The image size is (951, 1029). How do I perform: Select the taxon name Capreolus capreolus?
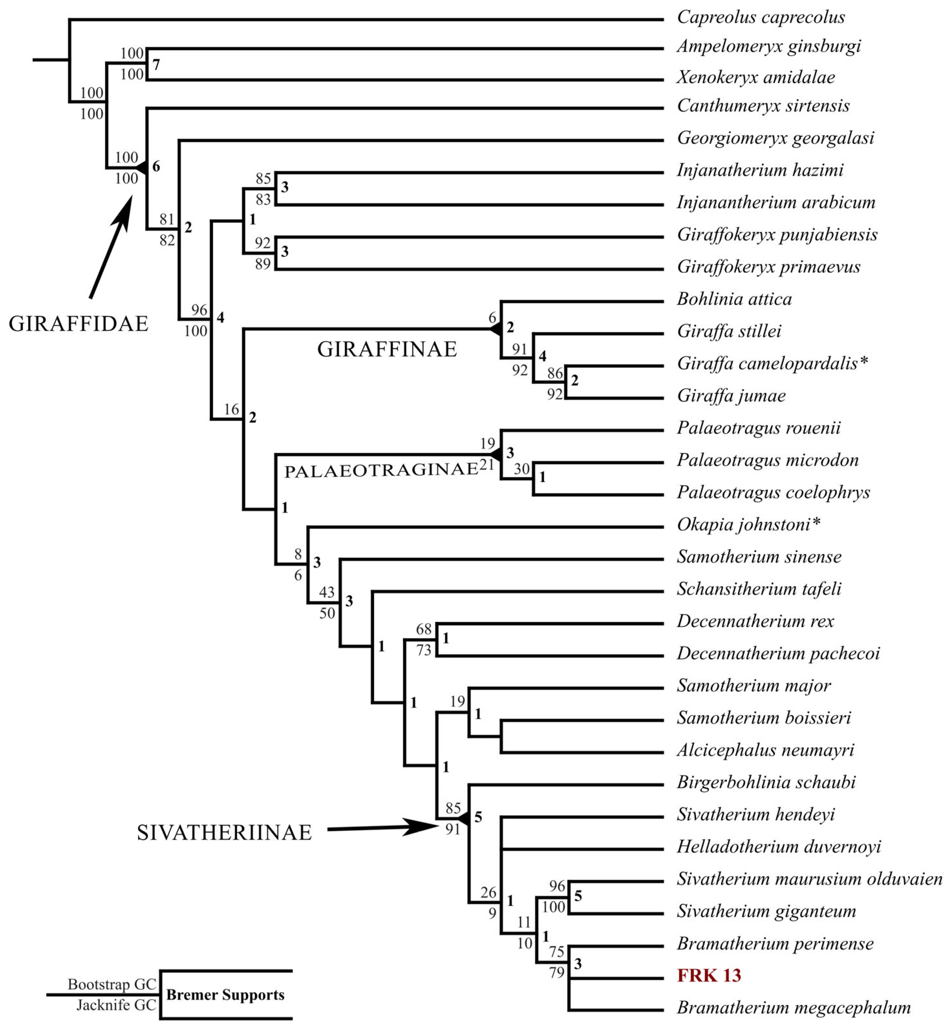[761, 17]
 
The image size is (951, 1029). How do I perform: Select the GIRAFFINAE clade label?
[387, 350]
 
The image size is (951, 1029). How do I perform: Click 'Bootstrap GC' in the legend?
[112, 984]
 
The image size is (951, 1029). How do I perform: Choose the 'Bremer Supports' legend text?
[225, 994]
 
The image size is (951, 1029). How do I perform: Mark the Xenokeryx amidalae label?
[755, 77]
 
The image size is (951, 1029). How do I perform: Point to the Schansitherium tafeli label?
[759, 589]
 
